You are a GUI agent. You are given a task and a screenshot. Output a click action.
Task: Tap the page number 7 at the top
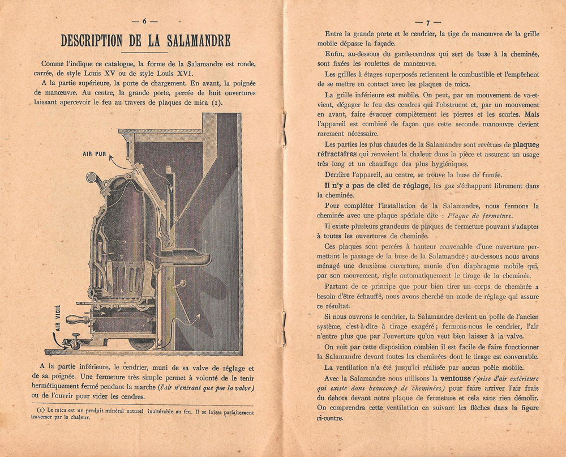click(428, 23)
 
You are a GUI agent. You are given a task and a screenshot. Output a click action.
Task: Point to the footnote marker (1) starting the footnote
click(40, 409)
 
